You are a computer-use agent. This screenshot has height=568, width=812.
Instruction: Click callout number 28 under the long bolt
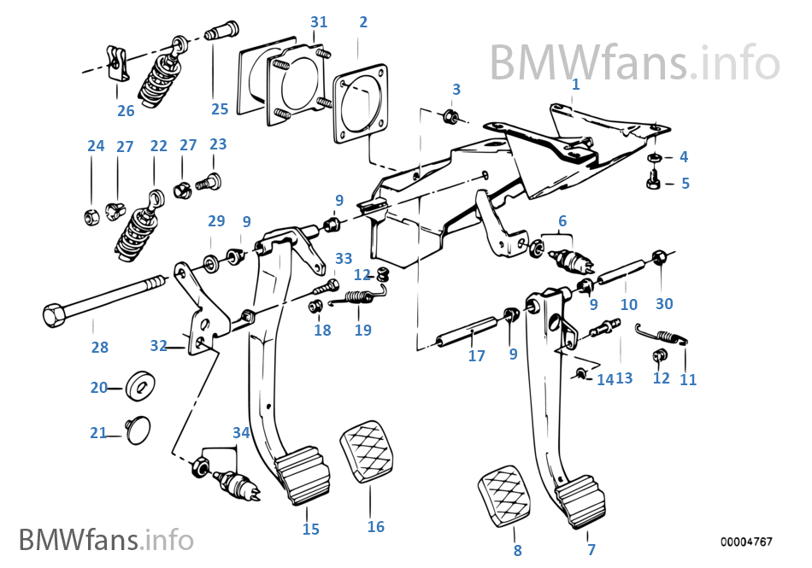100,348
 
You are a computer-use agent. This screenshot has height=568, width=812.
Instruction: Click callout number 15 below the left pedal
311,530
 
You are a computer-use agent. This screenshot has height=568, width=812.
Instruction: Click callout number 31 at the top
319,22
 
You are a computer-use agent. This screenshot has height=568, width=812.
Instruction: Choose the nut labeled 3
453,116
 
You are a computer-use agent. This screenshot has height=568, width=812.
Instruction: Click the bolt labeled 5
652,182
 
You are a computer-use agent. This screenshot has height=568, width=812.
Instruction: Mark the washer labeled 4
653,158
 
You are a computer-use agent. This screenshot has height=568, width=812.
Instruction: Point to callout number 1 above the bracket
575,85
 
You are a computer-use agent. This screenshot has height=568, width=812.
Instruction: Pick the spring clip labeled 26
118,64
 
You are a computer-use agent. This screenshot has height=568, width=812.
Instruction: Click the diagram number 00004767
745,542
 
